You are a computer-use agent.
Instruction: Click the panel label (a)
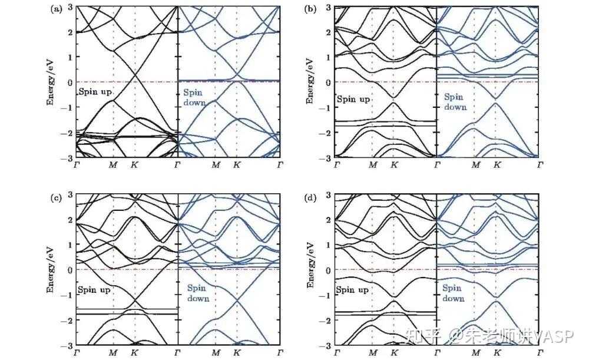56,10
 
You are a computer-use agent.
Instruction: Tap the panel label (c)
56,198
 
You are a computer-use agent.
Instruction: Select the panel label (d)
310,198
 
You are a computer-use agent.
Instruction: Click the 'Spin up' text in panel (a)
95,92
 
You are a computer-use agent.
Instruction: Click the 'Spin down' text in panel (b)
455,102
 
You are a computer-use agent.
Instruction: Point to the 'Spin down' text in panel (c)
198,293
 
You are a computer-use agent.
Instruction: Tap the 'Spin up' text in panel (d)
352,290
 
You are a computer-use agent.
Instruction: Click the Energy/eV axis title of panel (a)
50,82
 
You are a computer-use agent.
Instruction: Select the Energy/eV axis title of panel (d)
310,265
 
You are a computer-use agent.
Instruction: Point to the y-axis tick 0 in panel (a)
70,82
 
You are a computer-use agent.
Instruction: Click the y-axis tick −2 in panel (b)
325,133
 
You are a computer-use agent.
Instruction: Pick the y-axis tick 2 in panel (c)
70,220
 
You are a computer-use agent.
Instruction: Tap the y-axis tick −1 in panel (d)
325,295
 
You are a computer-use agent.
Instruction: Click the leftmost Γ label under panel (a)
76,164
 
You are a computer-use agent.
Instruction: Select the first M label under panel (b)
373,164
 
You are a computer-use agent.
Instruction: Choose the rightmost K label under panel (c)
237,353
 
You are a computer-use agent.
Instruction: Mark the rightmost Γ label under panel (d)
540,353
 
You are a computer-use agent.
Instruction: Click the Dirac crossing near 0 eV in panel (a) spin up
135,75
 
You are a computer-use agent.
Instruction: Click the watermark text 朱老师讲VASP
517,336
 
